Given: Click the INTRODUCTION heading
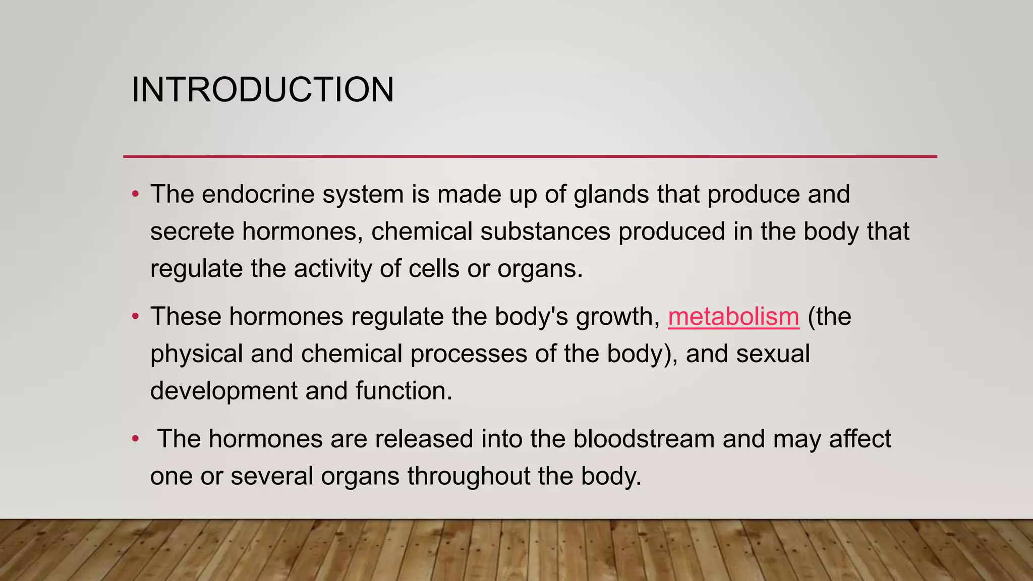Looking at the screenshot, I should click(262, 90).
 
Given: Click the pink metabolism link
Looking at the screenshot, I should click(733, 317).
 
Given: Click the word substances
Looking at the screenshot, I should click(545, 231).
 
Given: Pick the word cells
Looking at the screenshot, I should click(434, 268).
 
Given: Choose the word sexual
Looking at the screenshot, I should click(773, 354).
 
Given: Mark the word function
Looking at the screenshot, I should click(403, 391).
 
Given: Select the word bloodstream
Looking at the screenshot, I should click(644, 439).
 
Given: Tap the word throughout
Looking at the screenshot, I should click(469, 476).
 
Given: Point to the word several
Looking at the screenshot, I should click(272, 476).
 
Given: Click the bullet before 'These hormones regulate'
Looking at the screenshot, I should click(135, 317).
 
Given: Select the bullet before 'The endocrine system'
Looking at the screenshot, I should click(135, 194).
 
